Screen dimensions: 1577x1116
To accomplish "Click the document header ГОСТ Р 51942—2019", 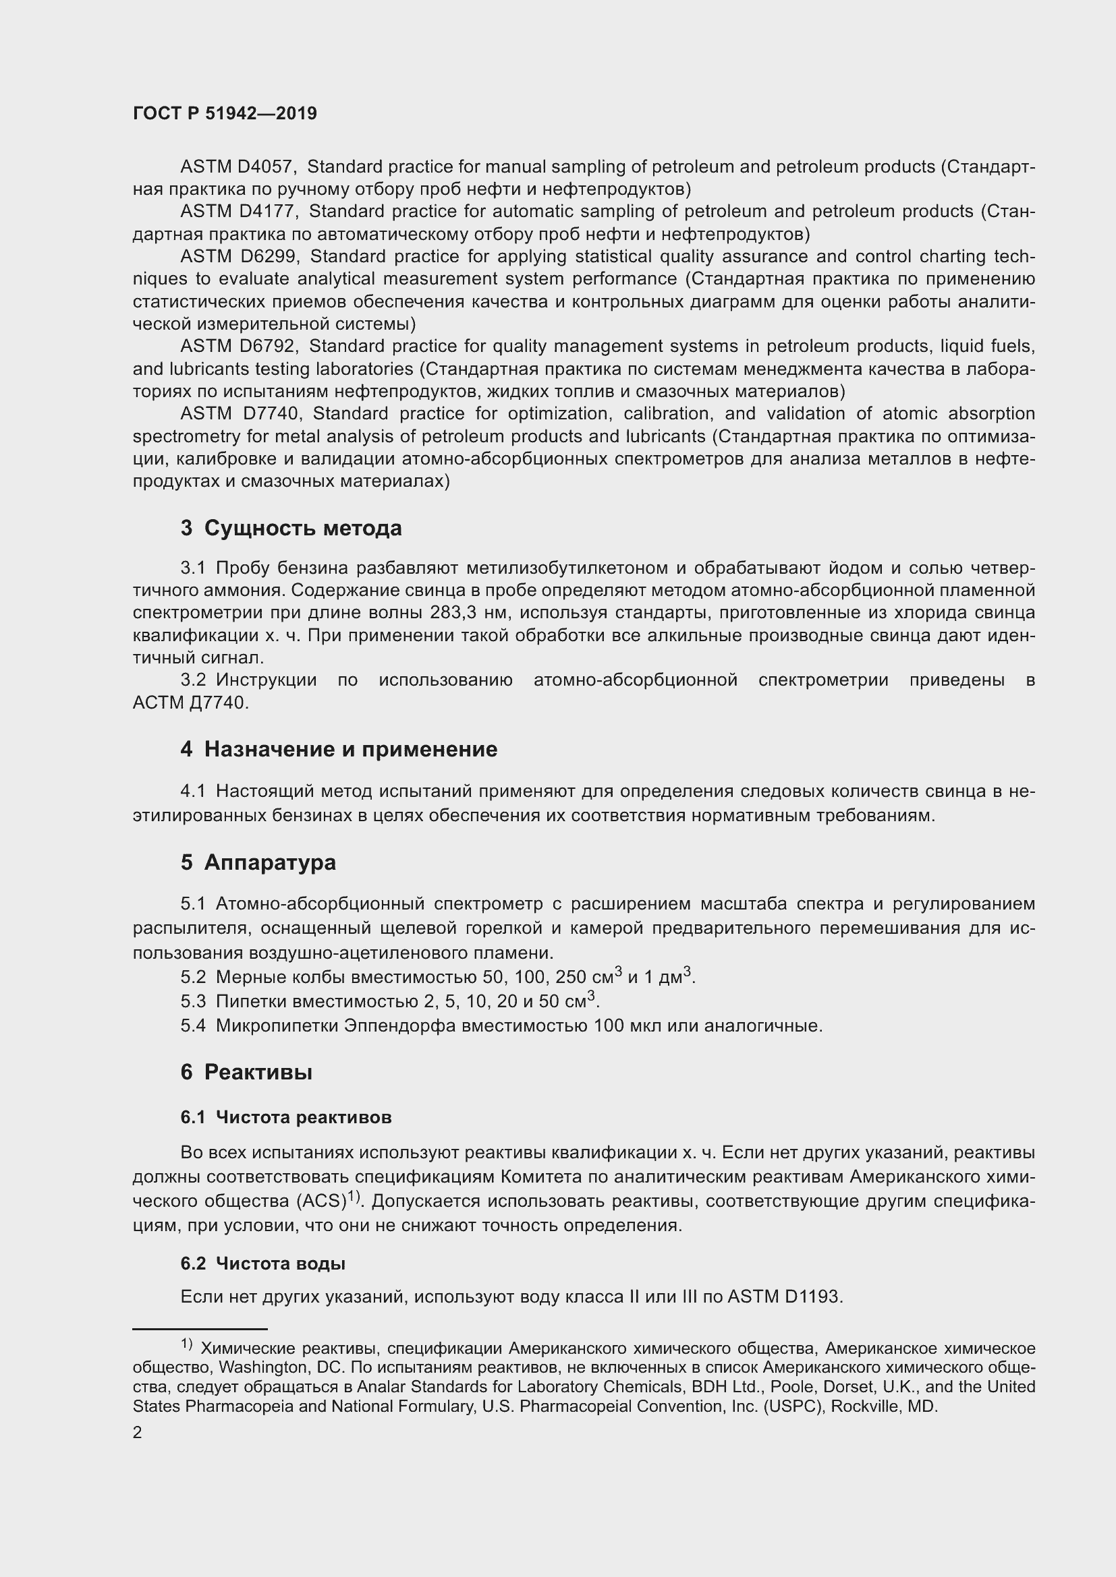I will point(225,114).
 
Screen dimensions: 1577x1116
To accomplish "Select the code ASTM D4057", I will point(238,167).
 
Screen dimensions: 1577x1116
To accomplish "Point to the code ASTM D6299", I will point(238,257).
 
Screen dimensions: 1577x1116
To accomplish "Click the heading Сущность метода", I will point(302,528).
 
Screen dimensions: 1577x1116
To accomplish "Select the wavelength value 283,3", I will point(454,613).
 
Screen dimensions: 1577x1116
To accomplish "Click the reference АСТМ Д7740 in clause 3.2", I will point(190,703).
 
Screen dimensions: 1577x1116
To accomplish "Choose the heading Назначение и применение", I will point(350,749).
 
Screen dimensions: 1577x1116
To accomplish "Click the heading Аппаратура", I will point(269,863).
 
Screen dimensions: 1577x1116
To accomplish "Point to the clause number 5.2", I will point(193,978).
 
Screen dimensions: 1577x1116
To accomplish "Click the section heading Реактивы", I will point(258,1072).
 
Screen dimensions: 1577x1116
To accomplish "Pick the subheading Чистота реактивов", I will point(303,1117).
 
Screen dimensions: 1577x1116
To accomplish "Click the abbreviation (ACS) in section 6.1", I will point(321,1201).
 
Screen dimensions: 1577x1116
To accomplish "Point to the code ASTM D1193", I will point(783,1297).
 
